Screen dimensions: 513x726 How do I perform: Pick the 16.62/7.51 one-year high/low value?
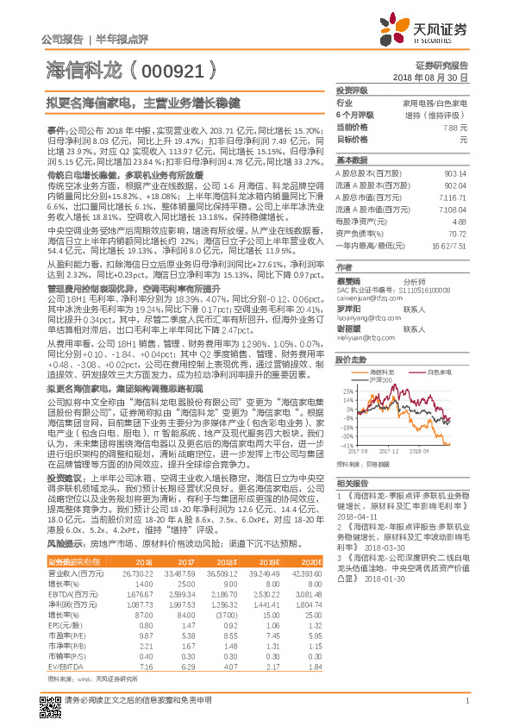pyautogui.click(x=449, y=245)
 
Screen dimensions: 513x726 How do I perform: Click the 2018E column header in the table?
pyautogui.click(x=220, y=561)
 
